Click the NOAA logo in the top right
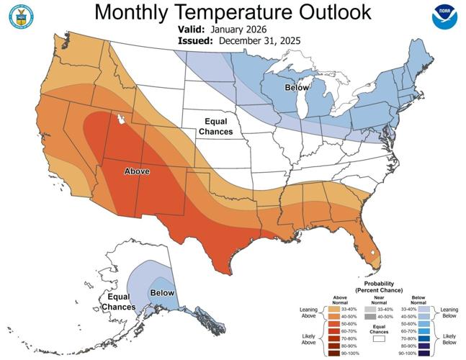(x=444, y=16)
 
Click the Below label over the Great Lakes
(x=297, y=88)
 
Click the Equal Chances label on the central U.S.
(x=218, y=127)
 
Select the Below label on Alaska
(x=162, y=293)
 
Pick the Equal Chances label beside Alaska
(x=118, y=302)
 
